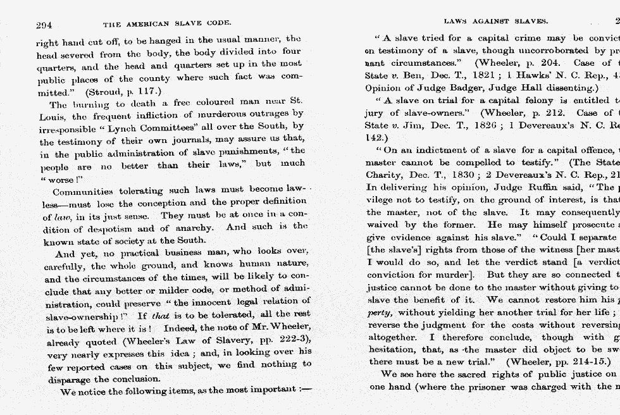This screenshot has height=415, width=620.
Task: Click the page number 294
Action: click(44, 25)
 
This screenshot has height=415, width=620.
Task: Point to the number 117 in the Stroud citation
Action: click(145, 92)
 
